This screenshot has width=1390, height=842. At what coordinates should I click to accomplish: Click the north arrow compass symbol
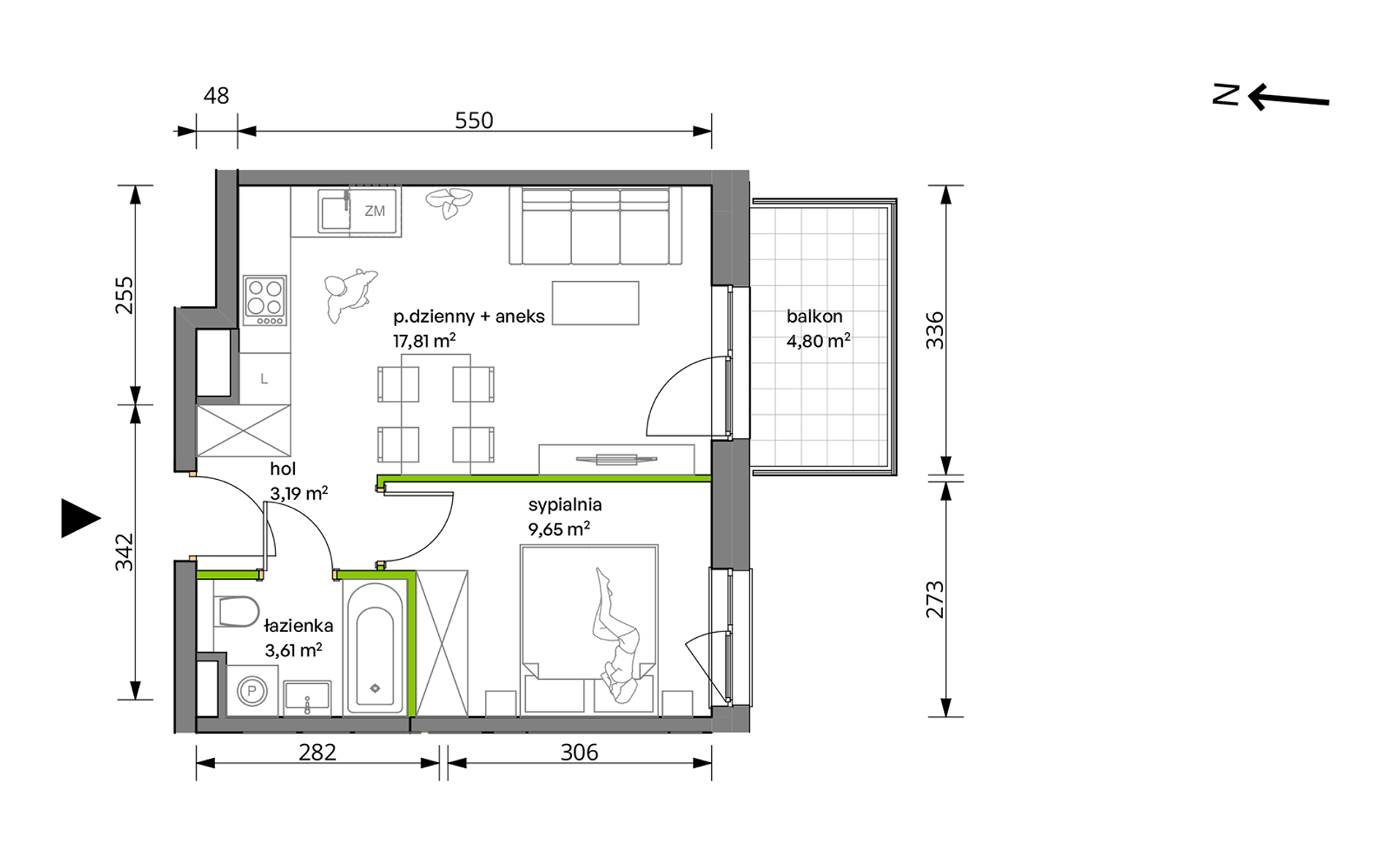pyautogui.click(x=1271, y=97)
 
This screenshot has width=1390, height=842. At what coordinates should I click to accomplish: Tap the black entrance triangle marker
pyautogui.click(x=79, y=518)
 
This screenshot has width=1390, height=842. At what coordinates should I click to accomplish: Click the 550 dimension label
pyautogui.click(x=474, y=120)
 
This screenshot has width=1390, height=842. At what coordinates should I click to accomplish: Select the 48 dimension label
pyautogui.click(x=217, y=96)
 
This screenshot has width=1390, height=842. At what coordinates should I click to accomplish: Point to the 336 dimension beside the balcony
pyautogui.click(x=935, y=330)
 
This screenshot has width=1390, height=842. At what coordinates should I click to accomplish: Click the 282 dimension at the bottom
pyautogui.click(x=318, y=752)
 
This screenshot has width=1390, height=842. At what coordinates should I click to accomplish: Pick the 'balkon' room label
pyautogui.click(x=814, y=317)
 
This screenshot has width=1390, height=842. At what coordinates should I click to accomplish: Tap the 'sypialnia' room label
pyautogui.click(x=565, y=505)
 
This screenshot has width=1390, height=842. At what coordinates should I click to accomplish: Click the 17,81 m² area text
pyautogui.click(x=424, y=341)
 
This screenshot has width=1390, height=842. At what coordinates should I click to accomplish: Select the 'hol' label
pyautogui.click(x=283, y=469)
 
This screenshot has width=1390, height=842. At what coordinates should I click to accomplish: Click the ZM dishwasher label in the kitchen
pyautogui.click(x=375, y=211)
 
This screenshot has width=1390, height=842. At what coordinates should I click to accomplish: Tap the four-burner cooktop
pyautogui.click(x=265, y=301)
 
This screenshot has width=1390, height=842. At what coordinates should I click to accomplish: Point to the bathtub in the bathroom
pyautogui.click(x=375, y=647)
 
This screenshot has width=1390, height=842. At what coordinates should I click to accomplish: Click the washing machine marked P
pyautogui.click(x=252, y=691)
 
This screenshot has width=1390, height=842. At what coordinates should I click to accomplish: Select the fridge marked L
pyautogui.click(x=264, y=379)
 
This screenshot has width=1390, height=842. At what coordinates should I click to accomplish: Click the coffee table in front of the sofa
pyautogui.click(x=596, y=303)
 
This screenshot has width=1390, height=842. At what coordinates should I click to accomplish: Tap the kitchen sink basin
pyautogui.click(x=333, y=211)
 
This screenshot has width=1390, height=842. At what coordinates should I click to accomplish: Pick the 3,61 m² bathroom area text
pyautogui.click(x=293, y=650)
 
